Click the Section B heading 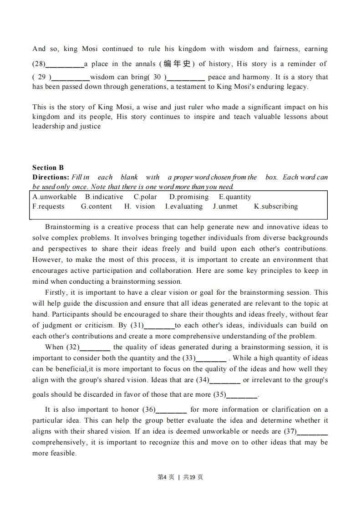pos(48,168)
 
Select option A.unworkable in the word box pos(55,197)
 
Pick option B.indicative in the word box pos(104,197)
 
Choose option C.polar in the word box pos(145,197)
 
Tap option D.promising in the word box pos(189,197)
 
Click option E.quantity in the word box pos(235,197)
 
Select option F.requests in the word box pos(49,206)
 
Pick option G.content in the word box pos(97,206)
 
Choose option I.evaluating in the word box pos(184,206)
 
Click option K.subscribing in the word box pos(276,206)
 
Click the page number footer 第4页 pos(166,477)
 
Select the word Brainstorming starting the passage pos(67,227)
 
